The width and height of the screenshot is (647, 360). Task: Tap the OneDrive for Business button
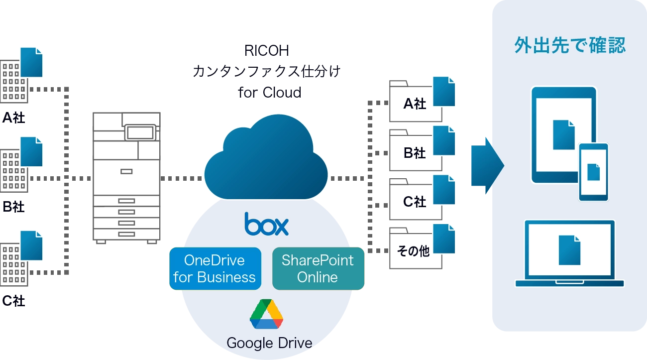click(x=215, y=268)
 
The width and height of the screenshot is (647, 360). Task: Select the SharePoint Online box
click(x=318, y=268)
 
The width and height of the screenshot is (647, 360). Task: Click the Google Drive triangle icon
click(x=266, y=314)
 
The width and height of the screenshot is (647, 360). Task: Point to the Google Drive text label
click(x=269, y=343)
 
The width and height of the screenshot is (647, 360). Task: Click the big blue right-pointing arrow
click(x=487, y=165)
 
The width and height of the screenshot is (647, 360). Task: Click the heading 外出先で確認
click(x=569, y=46)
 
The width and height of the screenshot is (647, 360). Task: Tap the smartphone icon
click(x=593, y=172)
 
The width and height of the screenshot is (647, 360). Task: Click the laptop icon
click(x=569, y=253)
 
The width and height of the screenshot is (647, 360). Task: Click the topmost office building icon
click(x=13, y=80)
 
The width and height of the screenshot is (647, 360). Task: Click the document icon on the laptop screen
click(x=569, y=250)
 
